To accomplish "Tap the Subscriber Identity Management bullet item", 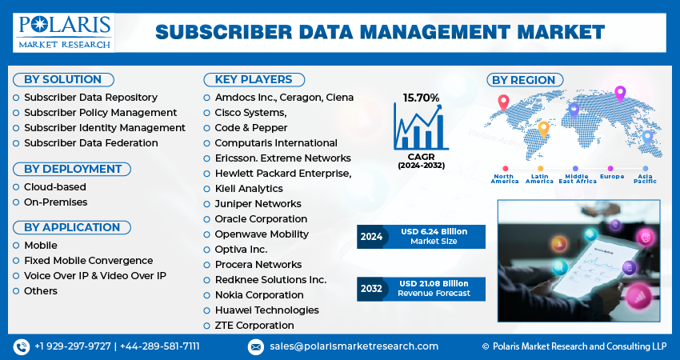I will (x=104, y=128).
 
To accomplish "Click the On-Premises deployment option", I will (x=55, y=202).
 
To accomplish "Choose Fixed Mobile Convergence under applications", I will (x=88, y=261).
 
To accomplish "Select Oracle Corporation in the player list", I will (x=261, y=219).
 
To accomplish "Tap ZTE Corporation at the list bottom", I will (x=254, y=326).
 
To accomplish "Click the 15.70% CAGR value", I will (x=421, y=98).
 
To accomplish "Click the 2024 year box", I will (x=371, y=237).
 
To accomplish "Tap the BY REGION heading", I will (x=523, y=80).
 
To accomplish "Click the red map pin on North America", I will (x=503, y=102).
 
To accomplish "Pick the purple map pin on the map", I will (x=619, y=93).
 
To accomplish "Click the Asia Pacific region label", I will (x=644, y=178).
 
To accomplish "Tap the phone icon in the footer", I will (x=21, y=346).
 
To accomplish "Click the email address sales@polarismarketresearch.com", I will (x=354, y=346).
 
